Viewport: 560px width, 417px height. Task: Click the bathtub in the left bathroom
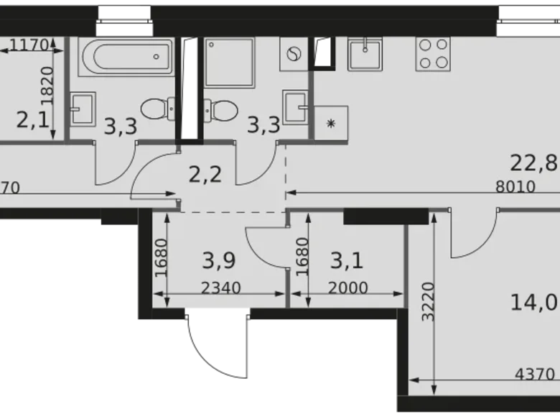coord(125,56)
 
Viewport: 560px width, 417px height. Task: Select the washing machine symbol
coord(294,54)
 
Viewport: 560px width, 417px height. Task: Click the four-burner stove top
coord(433,53)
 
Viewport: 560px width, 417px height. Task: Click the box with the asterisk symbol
coord(331,123)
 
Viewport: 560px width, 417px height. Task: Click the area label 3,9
coord(218,259)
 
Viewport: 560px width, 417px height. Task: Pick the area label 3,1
coord(346,259)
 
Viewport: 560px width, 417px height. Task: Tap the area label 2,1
coord(32,119)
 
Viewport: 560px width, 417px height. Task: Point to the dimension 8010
coord(515,187)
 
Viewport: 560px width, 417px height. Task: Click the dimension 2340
coord(220,289)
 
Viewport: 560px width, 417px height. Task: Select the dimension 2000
coord(347,289)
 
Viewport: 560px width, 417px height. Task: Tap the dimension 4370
coord(535,373)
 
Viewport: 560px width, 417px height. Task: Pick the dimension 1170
coord(29,45)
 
